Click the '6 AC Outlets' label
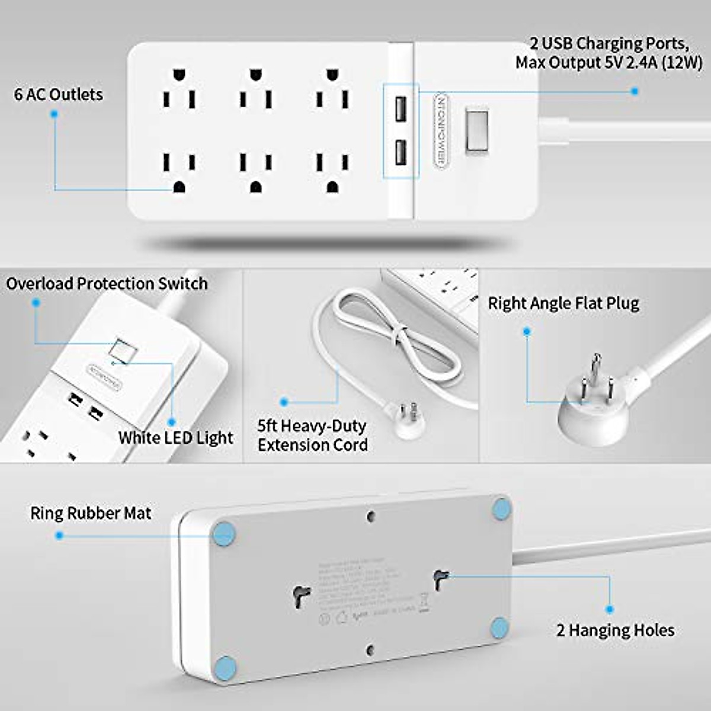point(58,94)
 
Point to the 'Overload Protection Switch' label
point(107,284)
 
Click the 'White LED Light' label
point(175,438)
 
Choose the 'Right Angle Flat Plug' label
point(563,303)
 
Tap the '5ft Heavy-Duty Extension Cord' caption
point(312,435)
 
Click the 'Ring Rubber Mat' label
point(91,513)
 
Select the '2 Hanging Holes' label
point(615,630)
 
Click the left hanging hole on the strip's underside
point(302,594)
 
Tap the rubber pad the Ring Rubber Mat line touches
point(225,533)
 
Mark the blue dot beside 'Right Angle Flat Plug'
point(527,332)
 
